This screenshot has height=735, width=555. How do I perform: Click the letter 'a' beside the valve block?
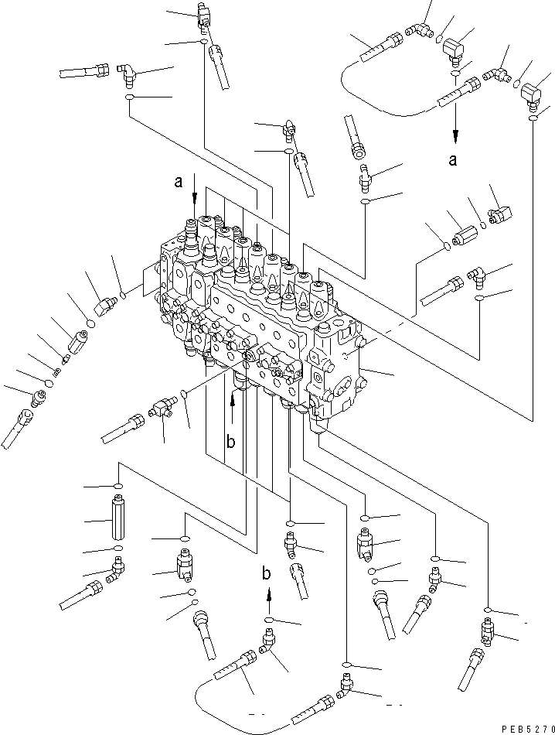point(179,183)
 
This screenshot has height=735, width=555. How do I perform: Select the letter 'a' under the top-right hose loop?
point(454,161)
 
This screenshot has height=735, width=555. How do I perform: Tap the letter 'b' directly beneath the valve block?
point(230,442)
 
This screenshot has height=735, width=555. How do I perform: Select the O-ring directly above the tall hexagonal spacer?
point(117,486)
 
